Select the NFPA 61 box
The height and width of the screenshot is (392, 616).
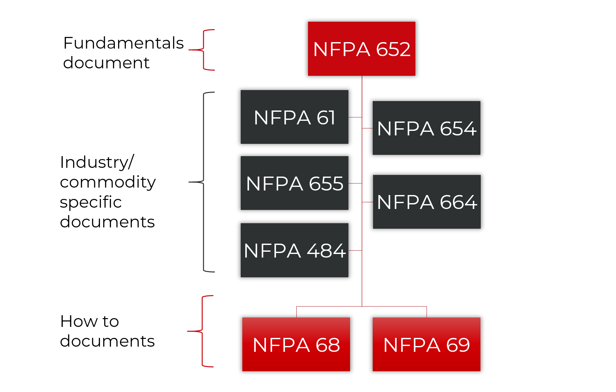point(294,117)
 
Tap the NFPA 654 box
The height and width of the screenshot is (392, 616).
point(426,128)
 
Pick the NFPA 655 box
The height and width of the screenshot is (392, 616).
point(294,183)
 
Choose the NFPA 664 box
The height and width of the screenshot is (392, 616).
point(427,202)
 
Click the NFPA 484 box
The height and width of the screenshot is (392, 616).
point(294,250)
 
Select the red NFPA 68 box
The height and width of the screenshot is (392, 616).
point(296,344)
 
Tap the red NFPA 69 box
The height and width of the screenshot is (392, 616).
point(426,344)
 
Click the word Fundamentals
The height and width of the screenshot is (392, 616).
point(123,43)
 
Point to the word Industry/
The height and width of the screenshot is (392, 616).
point(97,162)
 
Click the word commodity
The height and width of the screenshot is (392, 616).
point(108,182)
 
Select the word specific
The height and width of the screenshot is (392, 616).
point(91,202)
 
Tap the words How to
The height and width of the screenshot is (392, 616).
point(90,321)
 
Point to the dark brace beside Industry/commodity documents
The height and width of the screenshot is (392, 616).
point(203,182)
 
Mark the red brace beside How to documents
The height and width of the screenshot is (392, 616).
point(202,331)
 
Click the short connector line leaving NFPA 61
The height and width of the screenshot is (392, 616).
point(355,117)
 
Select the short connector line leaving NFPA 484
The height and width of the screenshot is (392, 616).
point(355,250)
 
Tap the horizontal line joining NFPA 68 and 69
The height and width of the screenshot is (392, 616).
point(362,306)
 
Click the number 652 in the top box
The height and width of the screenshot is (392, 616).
point(393,49)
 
